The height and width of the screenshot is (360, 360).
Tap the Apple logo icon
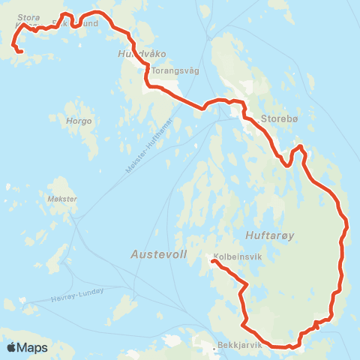point(12,347)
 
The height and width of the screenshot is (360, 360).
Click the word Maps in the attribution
point(33,347)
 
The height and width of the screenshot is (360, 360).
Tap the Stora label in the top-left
point(28,15)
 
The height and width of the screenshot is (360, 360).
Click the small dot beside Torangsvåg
point(148,72)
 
